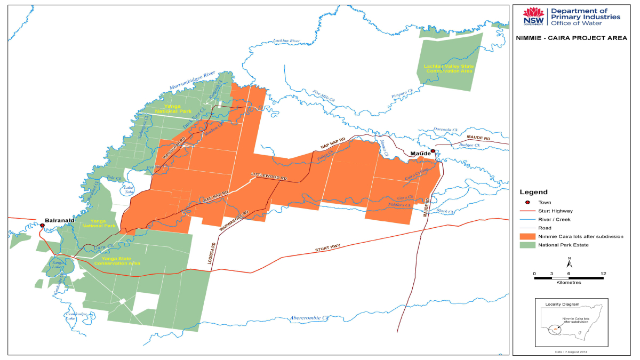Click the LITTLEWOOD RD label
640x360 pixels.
tap(269, 177)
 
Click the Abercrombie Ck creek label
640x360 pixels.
tap(309, 318)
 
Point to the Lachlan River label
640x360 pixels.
tap(287, 41)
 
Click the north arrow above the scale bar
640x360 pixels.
tap(569, 262)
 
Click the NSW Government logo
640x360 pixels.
tap(533, 16)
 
